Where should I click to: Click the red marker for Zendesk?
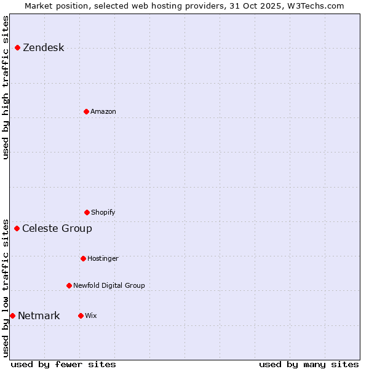coord(17,47)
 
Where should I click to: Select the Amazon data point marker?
coord(86,111)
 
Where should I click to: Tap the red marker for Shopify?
coord(87,212)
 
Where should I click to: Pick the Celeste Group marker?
coord(17,228)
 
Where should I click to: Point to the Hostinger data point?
coord(83,258)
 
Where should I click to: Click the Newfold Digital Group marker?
coord(69,285)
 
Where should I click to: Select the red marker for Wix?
coord(81,315)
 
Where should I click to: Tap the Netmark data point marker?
coord(12,315)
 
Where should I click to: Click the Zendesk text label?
coord(43,48)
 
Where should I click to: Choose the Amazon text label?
coord(103,112)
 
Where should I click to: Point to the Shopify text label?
coord(103,213)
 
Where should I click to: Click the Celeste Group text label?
coord(57,229)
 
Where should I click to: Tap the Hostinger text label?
coord(103,259)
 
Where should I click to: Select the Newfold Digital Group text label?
coord(109,286)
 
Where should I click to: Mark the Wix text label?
coord(91,316)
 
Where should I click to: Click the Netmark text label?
coord(39,316)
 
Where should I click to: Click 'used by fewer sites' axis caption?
coord(63,364)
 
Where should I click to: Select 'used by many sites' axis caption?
coord(309,364)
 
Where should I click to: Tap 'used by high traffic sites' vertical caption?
coord(6,87)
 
